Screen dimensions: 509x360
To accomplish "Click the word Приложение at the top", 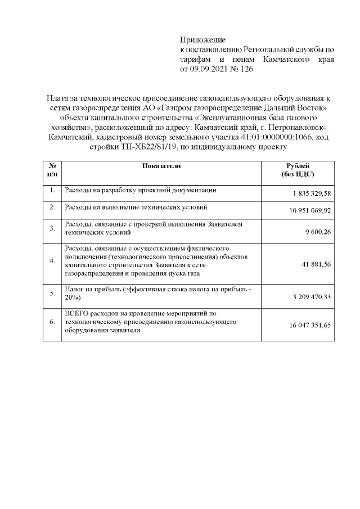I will pos(202,40).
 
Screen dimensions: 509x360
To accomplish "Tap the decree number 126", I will pos(247,70).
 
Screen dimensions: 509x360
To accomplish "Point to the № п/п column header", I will pos(52,170).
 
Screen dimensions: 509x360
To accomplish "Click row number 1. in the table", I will pos(52,191).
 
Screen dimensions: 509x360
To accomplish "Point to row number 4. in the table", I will pos(52,261).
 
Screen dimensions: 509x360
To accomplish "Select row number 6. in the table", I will pos(52,322).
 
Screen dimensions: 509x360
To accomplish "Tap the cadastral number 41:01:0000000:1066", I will pos(275,137).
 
